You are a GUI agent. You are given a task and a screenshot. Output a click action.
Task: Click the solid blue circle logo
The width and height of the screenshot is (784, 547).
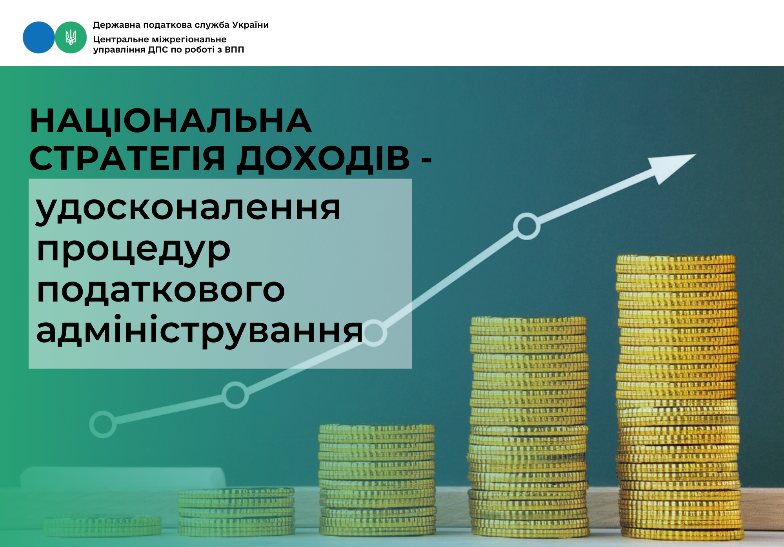click(39, 37)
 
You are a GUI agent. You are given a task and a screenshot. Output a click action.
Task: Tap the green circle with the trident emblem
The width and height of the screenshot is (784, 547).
click(71, 37)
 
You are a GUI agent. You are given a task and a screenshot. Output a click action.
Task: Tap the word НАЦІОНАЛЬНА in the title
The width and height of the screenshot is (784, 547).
click(171, 121)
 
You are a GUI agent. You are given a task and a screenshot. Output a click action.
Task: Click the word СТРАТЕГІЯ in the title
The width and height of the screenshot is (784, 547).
click(127, 158)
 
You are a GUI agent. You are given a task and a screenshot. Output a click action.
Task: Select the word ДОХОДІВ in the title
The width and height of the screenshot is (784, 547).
click(323, 159)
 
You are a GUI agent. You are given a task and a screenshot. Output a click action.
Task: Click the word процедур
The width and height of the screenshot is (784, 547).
click(133, 251)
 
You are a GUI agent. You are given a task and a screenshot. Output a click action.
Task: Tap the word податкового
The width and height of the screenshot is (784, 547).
click(161, 291)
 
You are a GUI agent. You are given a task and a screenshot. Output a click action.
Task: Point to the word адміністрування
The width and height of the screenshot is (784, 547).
click(200, 331)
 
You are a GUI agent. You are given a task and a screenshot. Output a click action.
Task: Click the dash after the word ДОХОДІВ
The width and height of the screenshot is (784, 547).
click(427, 160)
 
